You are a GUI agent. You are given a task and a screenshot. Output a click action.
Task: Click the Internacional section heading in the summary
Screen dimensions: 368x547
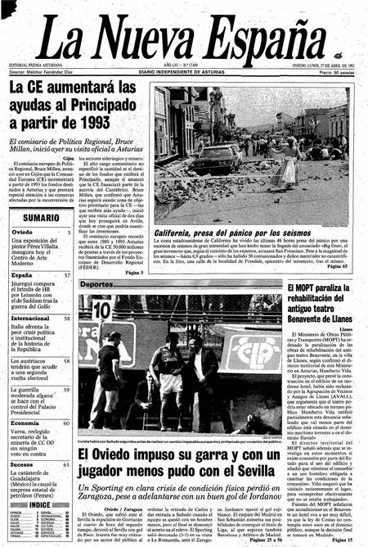point(30,318)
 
